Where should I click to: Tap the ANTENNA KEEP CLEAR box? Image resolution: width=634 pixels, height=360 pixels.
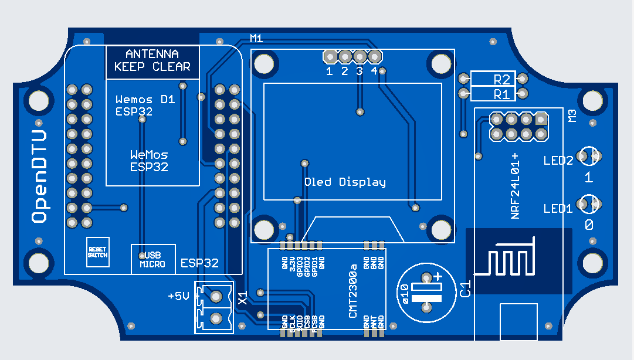pyautogui.click(x=152, y=60)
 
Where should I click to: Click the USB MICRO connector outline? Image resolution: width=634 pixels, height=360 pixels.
pyautogui.click(x=152, y=259)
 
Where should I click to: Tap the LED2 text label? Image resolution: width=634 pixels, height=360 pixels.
pyautogui.click(x=558, y=161)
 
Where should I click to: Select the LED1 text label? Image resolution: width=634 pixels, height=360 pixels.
pyautogui.click(x=558, y=208)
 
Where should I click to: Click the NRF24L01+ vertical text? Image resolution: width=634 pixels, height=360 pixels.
pyautogui.click(x=516, y=186)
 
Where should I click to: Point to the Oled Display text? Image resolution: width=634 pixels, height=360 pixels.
pyautogui.click(x=345, y=182)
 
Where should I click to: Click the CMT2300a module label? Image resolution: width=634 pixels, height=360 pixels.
pyautogui.click(x=353, y=291)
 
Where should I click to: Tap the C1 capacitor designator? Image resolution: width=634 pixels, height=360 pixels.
pyautogui.click(x=466, y=289)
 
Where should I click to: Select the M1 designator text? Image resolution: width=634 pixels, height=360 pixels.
pyautogui.click(x=256, y=38)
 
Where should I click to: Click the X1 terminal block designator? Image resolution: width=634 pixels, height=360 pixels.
pyautogui.click(x=243, y=298)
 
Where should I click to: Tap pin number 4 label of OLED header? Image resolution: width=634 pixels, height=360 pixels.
pyautogui.click(x=374, y=72)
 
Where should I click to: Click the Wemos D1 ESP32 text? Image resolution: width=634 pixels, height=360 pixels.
pyautogui.click(x=145, y=106)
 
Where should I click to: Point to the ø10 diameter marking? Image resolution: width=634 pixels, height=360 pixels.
pyautogui.click(x=404, y=292)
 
